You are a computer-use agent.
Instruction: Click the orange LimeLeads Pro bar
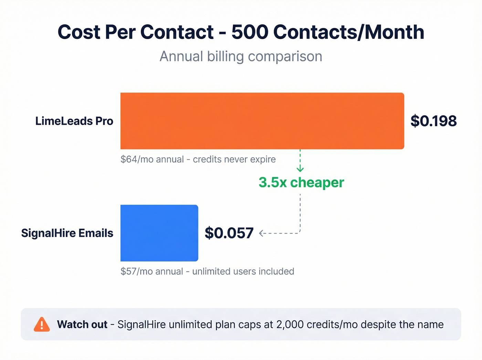click(262, 121)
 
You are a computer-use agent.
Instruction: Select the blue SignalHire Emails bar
click(159, 233)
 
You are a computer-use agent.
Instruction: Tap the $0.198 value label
click(433, 121)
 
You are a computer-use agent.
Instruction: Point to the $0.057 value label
click(229, 233)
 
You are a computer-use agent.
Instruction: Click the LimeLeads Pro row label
click(74, 121)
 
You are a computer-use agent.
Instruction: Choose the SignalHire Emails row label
click(67, 233)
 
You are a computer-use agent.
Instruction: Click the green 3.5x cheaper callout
click(301, 183)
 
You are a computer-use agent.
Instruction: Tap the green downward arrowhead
click(300, 169)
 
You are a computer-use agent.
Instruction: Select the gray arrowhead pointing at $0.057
click(261, 233)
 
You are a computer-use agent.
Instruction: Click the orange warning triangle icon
click(42, 325)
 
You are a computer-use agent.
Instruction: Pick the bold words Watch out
click(82, 325)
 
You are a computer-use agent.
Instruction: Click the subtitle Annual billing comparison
click(241, 56)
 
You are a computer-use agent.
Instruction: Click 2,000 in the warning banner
click(290, 325)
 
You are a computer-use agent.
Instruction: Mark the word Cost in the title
click(79, 32)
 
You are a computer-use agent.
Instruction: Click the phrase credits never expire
click(234, 160)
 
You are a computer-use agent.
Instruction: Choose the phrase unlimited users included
click(243, 271)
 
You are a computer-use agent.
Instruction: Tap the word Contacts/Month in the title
click(348, 32)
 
